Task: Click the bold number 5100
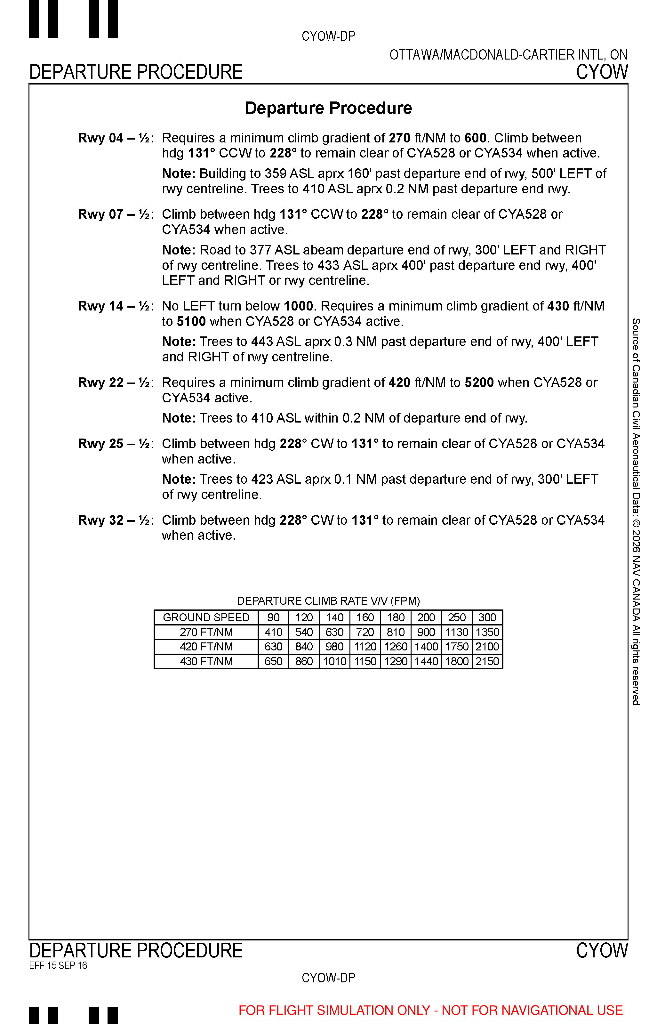tap(191, 321)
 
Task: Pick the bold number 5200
tap(479, 382)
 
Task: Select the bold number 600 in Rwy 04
tap(475, 138)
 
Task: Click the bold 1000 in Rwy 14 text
tap(298, 306)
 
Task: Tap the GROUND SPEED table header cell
tap(206, 617)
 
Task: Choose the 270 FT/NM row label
tap(206, 632)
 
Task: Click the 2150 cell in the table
tap(487, 661)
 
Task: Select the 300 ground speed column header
tap(487, 617)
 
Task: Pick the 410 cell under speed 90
tap(274, 632)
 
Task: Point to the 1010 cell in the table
tap(334, 661)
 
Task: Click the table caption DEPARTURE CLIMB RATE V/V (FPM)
tap(328, 601)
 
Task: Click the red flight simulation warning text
tap(430, 1010)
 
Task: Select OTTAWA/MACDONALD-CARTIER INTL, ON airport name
tap(508, 55)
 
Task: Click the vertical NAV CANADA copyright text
tap(636, 512)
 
